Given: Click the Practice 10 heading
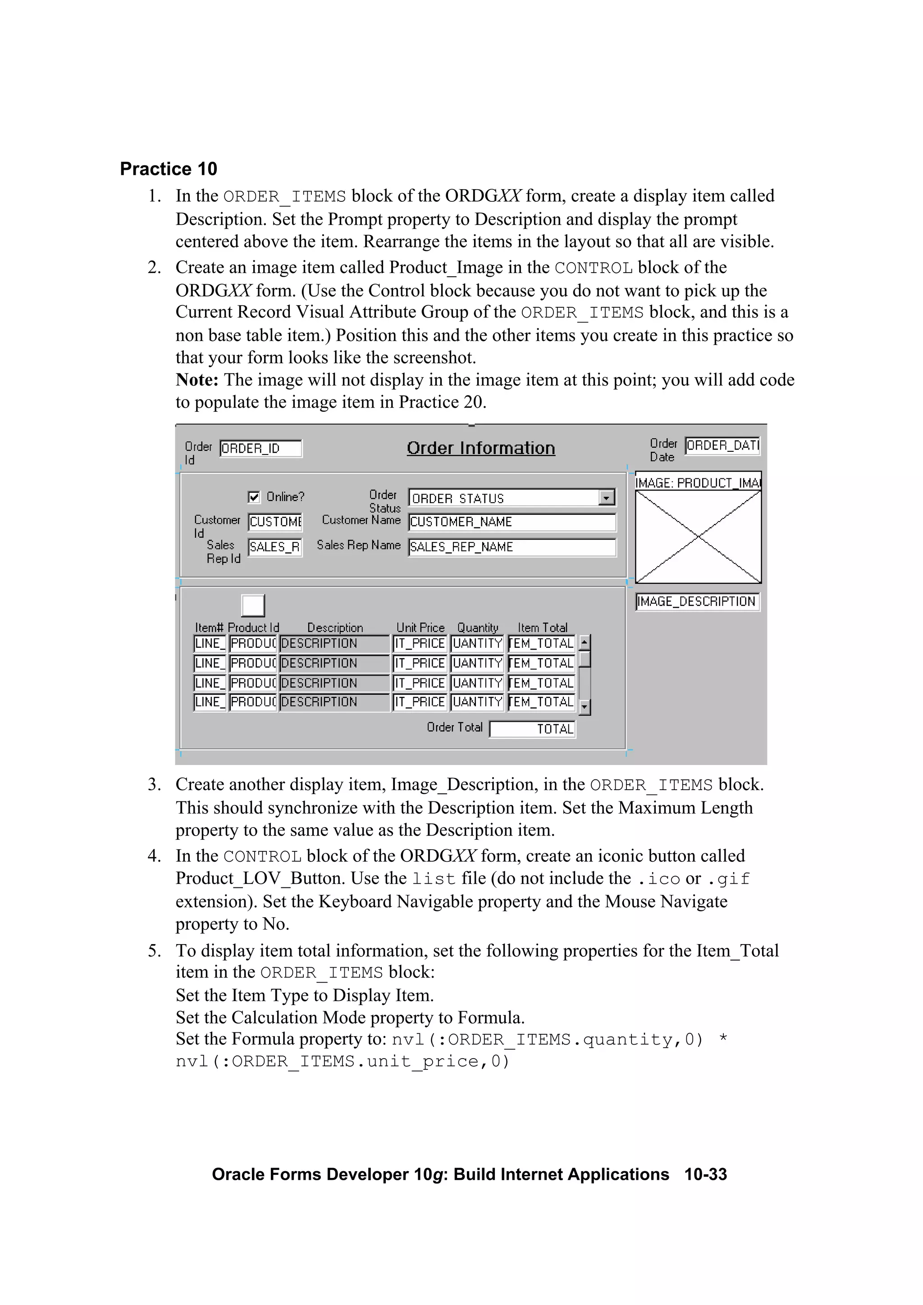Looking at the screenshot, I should [169, 169].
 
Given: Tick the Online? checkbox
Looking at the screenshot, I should [254, 497].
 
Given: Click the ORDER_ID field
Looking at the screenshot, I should [260, 449].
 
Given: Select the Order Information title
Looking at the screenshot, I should [480, 448].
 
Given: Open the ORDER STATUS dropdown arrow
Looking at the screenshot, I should [607, 498].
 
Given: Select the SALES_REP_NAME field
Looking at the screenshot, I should [512, 547].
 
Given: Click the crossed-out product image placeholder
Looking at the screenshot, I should [698, 537].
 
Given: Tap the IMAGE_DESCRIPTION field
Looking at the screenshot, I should [697, 602].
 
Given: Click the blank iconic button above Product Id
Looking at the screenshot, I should [253, 605].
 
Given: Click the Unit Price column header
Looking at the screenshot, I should [420, 627].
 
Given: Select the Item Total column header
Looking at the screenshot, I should [543, 627].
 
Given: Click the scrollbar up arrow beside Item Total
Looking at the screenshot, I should [585, 643].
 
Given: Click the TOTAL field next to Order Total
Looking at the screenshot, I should [533, 729].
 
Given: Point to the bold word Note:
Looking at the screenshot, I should [197, 380].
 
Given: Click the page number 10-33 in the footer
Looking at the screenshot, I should [705, 1174].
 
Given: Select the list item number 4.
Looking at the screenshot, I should [154, 856].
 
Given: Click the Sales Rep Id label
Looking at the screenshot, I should [223, 552].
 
